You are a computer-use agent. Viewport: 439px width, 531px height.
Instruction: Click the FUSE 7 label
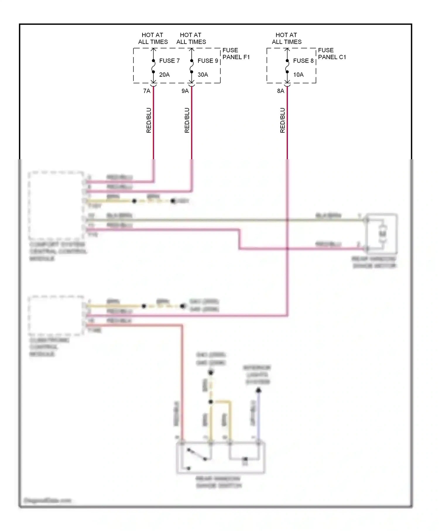pos(169,61)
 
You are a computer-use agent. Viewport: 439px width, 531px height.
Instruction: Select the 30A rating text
pos(203,75)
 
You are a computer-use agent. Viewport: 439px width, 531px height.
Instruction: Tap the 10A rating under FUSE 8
pos(298,75)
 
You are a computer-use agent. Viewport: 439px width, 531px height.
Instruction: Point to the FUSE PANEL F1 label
pos(236,54)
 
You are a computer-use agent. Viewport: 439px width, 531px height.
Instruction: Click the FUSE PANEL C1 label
pos(332,54)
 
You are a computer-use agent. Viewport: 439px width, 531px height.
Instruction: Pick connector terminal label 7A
pos(147,91)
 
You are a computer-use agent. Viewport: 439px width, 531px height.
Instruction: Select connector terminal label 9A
pos(185,91)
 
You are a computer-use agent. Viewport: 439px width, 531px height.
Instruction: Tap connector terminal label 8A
pos(280,91)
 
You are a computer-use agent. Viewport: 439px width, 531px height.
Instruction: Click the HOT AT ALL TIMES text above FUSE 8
pos(287,38)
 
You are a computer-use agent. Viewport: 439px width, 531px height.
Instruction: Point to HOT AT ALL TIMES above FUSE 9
pos(191,38)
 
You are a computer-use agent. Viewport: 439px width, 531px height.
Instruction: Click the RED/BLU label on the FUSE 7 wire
pos(149,120)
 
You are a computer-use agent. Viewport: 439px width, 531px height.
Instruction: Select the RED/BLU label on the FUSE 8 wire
pos(282,120)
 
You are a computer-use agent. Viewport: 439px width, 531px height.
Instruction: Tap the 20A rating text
pos(164,75)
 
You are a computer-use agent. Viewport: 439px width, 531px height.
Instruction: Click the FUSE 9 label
pos(208,61)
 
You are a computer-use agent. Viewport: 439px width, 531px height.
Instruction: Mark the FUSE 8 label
pos(303,61)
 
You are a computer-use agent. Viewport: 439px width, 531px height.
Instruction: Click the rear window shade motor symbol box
pos(382,234)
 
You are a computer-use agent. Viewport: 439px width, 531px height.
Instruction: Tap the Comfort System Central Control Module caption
pos(58,251)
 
